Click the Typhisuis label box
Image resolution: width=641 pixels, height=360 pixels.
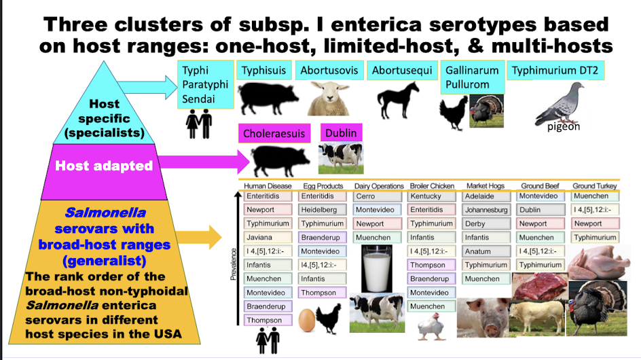click(x=264, y=71)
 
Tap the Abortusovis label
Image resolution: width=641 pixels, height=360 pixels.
click(x=330, y=71)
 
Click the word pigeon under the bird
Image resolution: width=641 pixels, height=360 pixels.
click(x=564, y=126)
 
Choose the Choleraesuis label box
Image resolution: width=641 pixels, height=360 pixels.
click(x=274, y=133)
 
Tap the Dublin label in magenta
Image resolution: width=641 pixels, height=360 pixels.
click(x=340, y=132)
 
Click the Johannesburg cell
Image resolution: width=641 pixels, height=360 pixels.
click(x=486, y=210)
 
